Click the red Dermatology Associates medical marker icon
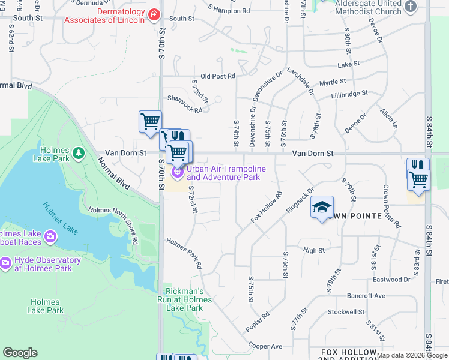[154, 14]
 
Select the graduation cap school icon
[322, 208]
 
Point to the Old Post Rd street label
[217, 76]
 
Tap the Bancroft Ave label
[365, 296]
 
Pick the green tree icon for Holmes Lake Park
[78, 154]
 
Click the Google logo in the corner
[20, 353]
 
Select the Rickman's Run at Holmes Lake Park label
[185, 299]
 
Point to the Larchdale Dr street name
[301, 81]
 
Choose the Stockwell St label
[346, 312]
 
